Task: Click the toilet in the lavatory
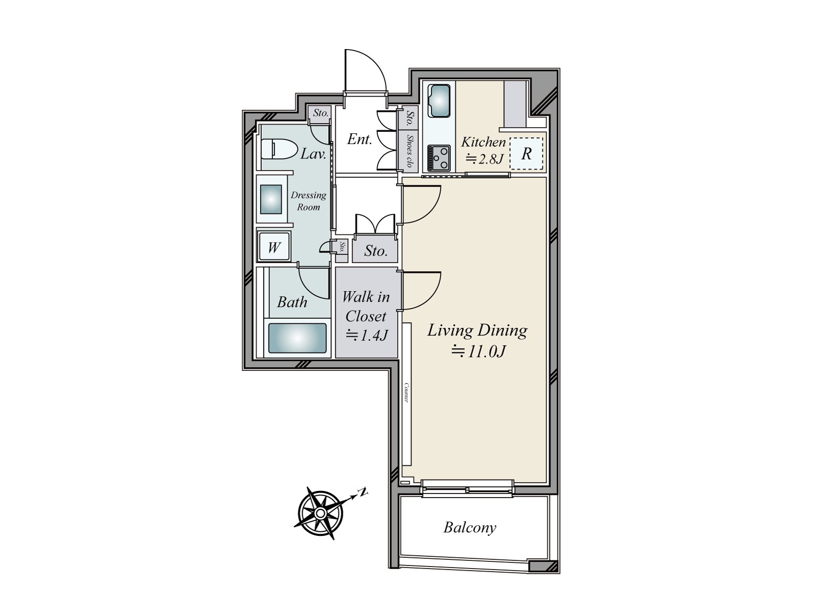click(280, 150)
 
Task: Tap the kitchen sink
click(439, 100)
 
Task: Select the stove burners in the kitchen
click(439, 157)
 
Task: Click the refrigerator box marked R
click(527, 153)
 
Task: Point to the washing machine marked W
click(274, 248)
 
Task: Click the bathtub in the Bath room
click(297, 338)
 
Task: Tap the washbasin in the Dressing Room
click(271, 199)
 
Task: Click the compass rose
click(320, 512)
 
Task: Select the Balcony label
click(470, 527)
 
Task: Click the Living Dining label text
click(477, 331)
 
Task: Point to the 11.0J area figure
click(478, 352)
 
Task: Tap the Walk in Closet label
click(366, 306)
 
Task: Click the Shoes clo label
click(410, 151)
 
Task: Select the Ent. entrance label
click(359, 139)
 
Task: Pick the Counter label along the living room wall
click(406, 392)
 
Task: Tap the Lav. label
click(313, 154)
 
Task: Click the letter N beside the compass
click(362, 492)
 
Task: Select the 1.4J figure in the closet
click(367, 336)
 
